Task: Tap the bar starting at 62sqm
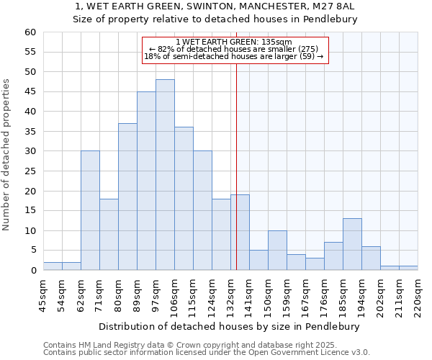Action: coord(90,210)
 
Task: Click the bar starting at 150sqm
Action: coord(277,251)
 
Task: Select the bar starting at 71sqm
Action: coord(109,235)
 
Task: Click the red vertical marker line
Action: coord(236,166)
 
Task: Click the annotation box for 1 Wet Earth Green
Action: coord(235,50)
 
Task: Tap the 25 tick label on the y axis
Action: coord(30,171)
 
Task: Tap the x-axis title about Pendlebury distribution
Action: coord(230,327)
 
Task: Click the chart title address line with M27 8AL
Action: coord(215,6)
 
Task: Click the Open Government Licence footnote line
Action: coord(207,353)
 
